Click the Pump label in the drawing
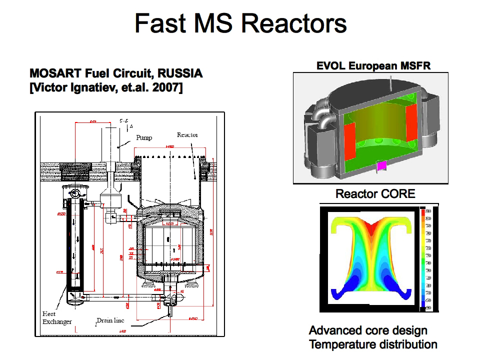pos(144,137)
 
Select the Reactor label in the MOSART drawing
pos(187,135)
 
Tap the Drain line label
pos(111,320)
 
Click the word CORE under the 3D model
pos(396,193)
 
